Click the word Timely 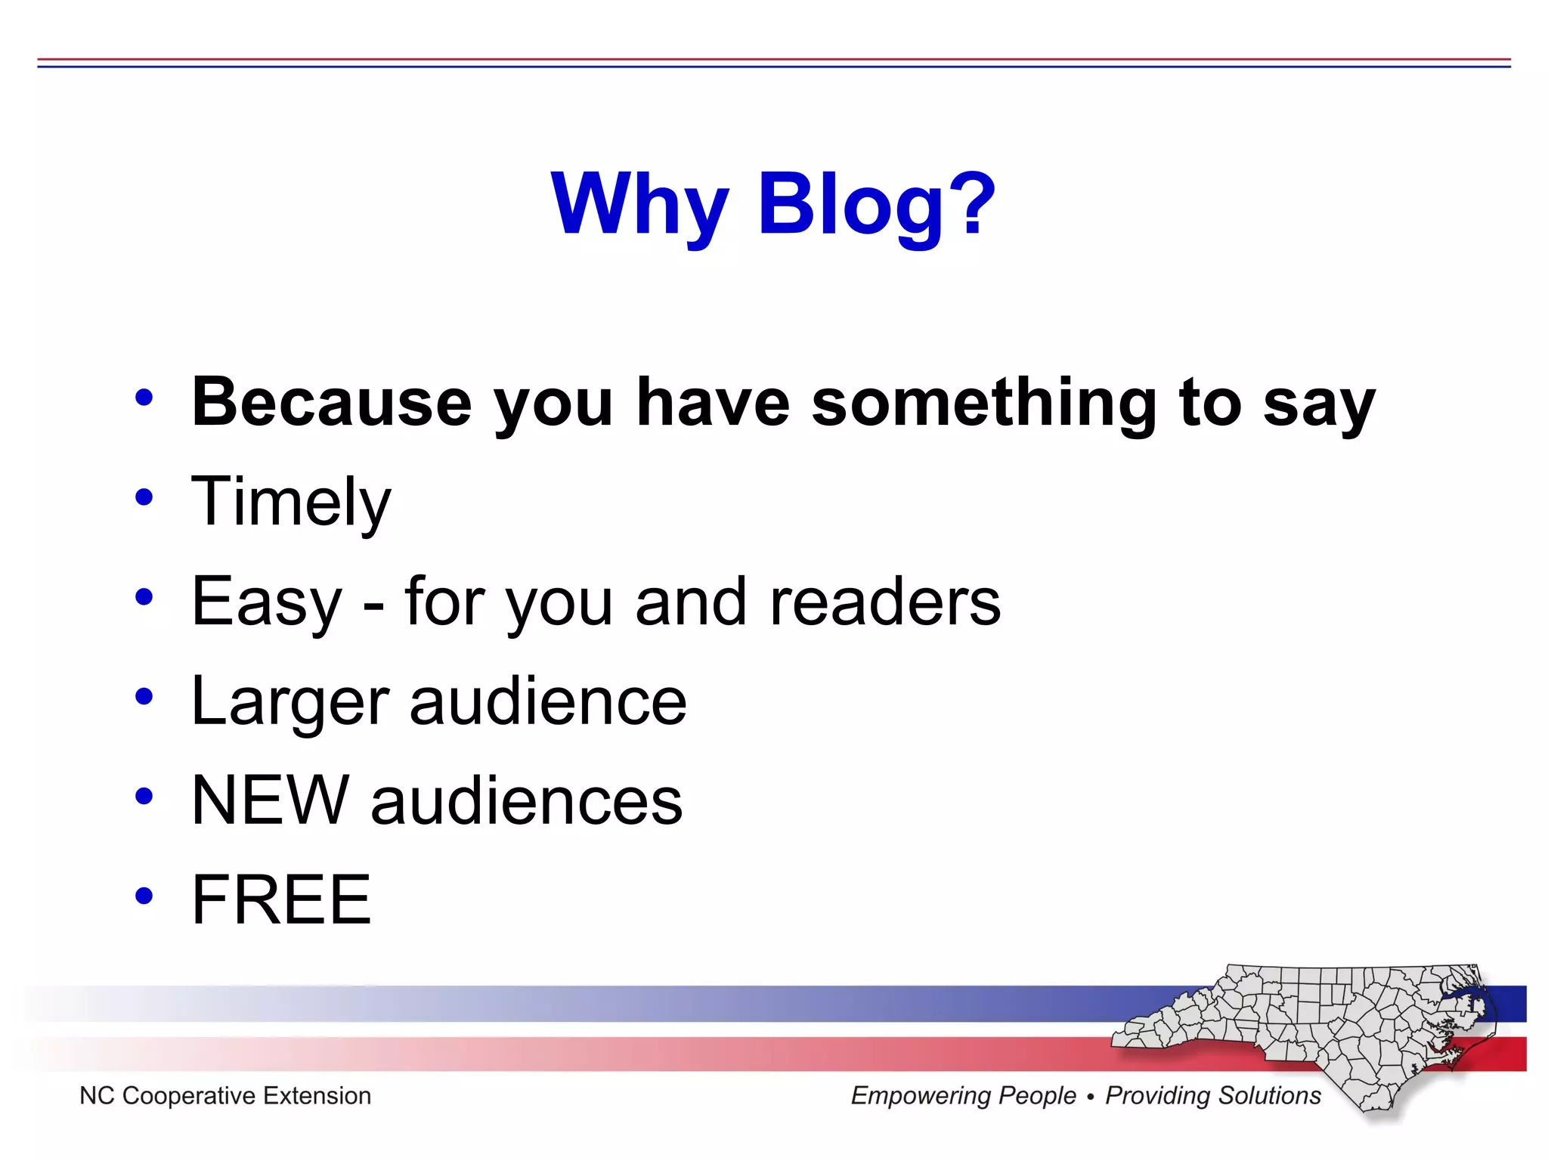(x=291, y=502)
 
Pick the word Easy (x=267, y=602)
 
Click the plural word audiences (x=526, y=801)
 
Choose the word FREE (x=281, y=899)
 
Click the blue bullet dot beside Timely (x=144, y=497)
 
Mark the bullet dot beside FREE (x=144, y=896)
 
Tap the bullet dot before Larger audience (x=144, y=697)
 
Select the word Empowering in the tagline (x=963, y=1095)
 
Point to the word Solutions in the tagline (x=1269, y=1095)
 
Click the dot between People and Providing (x=1090, y=1097)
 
